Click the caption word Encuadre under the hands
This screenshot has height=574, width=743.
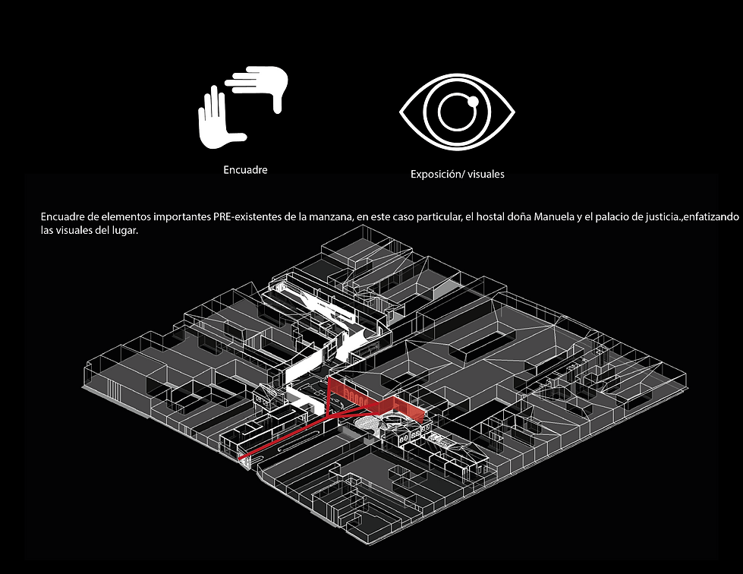[x=245, y=170]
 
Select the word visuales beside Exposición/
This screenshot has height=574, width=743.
[x=486, y=174]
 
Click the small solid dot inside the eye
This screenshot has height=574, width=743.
[x=471, y=102]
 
